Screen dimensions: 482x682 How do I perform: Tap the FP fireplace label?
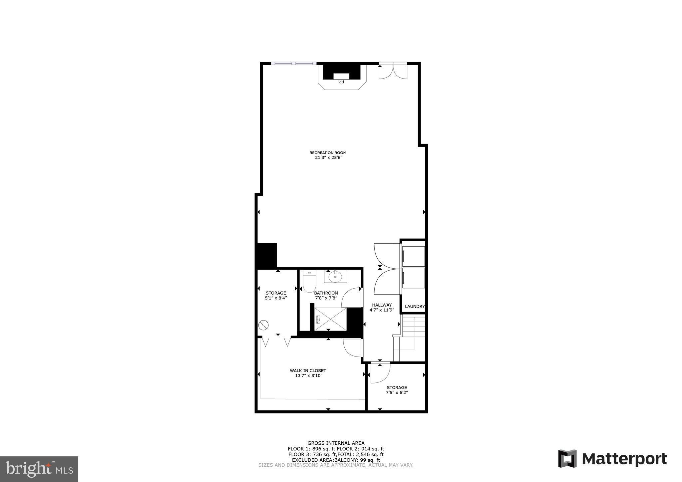coord(341,82)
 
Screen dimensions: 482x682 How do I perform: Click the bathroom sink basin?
coord(335,276)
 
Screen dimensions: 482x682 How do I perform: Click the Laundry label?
coord(414,307)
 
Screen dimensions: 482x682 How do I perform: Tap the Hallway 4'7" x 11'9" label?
coord(382,307)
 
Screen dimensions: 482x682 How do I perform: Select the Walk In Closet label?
coord(308,373)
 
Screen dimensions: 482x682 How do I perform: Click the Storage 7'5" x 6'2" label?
coord(397,390)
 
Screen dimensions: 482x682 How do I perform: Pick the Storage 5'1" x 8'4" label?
coord(276,296)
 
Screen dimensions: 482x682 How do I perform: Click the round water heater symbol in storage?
coord(263,325)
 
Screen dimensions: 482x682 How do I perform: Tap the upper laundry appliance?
coord(413,256)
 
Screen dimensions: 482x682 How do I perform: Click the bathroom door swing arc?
coord(351,297)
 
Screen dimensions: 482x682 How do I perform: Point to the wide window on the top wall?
coord(293,63)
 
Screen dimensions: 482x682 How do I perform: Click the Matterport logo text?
coord(624,459)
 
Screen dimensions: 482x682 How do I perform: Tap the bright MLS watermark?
coord(39,469)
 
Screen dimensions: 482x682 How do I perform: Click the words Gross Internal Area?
coord(336,443)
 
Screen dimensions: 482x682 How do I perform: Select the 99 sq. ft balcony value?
coord(371,460)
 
